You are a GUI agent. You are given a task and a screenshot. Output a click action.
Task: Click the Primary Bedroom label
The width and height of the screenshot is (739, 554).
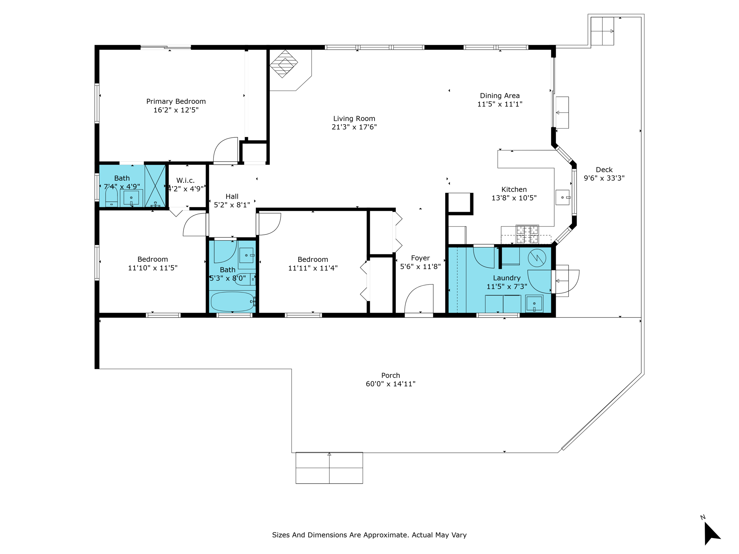tap(176, 101)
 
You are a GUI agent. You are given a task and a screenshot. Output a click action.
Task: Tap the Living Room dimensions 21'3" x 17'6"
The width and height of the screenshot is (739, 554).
tap(354, 127)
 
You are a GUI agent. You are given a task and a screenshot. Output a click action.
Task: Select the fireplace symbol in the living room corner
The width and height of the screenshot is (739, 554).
tap(284, 64)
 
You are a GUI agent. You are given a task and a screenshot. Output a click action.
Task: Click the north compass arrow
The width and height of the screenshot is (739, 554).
tap(711, 533)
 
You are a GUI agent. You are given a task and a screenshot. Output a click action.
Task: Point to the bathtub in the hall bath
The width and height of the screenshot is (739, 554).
tap(232, 302)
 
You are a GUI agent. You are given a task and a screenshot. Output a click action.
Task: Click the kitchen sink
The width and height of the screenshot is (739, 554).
tap(562, 197)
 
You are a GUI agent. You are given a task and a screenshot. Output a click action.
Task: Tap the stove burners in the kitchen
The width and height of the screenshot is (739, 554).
tap(527, 234)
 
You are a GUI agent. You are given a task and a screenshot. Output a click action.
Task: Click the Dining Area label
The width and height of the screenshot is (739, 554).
tap(499, 96)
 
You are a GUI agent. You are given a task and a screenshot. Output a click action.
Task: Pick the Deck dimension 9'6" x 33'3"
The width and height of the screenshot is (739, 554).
tap(604, 178)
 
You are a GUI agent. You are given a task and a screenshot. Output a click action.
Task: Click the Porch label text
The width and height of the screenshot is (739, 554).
tap(390, 375)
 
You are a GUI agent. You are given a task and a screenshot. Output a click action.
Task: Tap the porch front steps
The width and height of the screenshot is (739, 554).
tap(329, 468)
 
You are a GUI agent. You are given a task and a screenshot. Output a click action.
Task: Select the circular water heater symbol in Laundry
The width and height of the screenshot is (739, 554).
tap(537, 258)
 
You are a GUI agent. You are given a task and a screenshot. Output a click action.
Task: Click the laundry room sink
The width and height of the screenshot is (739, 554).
tap(534, 303)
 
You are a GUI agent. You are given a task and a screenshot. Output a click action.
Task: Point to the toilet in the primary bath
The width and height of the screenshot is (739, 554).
tap(111, 198)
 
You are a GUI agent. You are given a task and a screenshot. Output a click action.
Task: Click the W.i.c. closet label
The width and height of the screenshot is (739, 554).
tap(185, 180)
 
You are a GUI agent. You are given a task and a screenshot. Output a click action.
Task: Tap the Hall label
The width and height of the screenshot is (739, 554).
tap(232, 197)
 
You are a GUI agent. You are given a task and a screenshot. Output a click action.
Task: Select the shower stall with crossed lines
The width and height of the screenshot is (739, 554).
tap(155, 186)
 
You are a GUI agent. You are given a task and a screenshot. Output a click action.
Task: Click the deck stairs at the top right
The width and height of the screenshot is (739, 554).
tap(602, 31)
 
